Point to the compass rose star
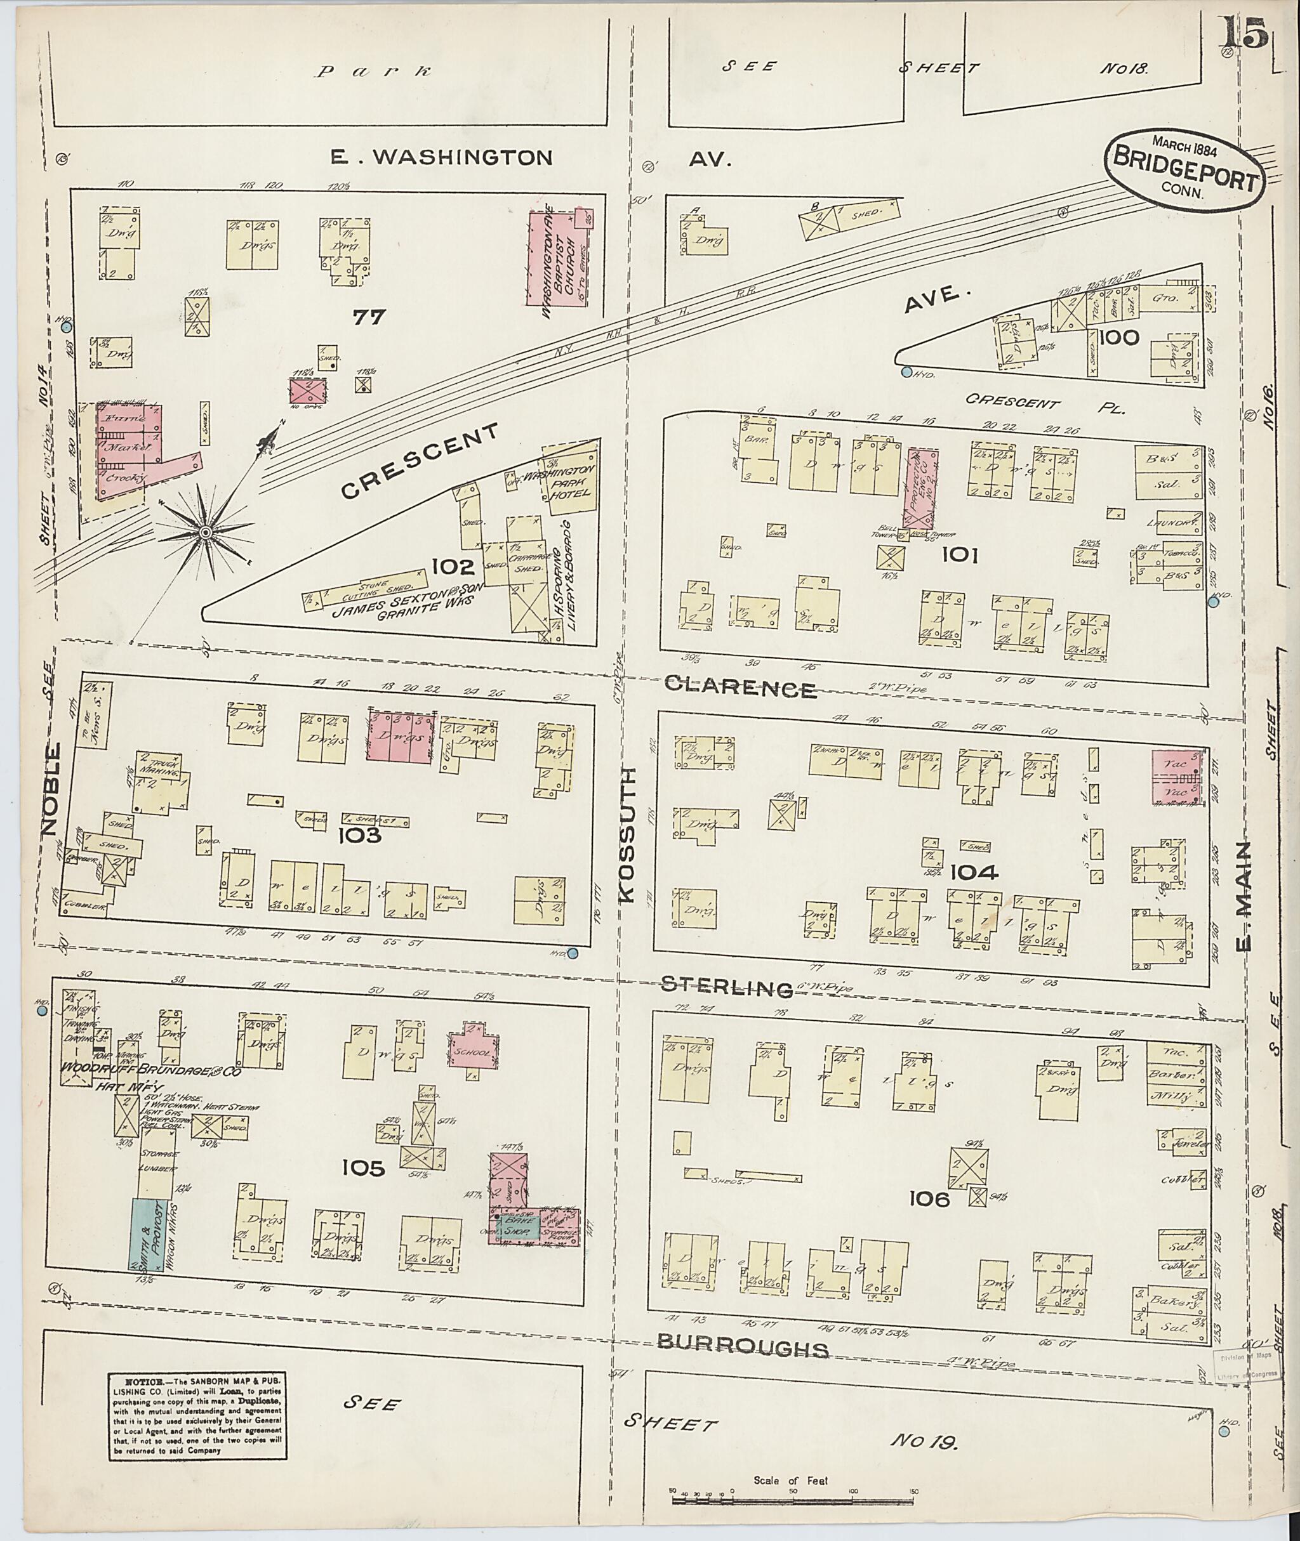click(206, 531)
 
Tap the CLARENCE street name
click(741, 688)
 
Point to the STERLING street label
click(727, 987)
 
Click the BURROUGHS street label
click(742, 1348)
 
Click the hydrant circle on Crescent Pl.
click(906, 373)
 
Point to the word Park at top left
click(373, 72)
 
